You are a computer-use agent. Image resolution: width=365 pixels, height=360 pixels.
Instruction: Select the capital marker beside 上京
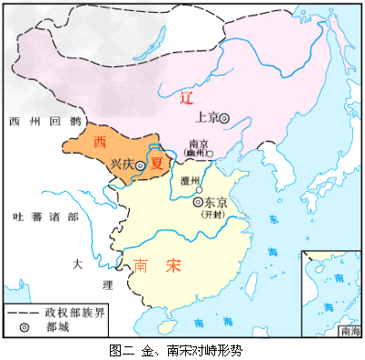(224, 117)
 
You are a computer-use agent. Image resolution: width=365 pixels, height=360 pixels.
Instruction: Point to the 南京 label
(198, 143)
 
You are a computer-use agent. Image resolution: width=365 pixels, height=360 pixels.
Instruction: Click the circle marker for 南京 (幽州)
(210, 153)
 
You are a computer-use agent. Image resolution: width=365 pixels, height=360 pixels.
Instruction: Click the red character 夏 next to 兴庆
(157, 165)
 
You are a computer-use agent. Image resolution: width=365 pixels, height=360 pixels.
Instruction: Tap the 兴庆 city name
(121, 165)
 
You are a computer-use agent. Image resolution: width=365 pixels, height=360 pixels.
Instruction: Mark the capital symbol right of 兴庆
(141, 165)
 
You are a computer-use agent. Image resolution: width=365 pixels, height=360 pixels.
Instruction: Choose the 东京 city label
(216, 203)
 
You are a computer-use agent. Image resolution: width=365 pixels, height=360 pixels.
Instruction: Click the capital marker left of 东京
(200, 202)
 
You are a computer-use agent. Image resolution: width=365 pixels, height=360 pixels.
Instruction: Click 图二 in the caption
(119, 348)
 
